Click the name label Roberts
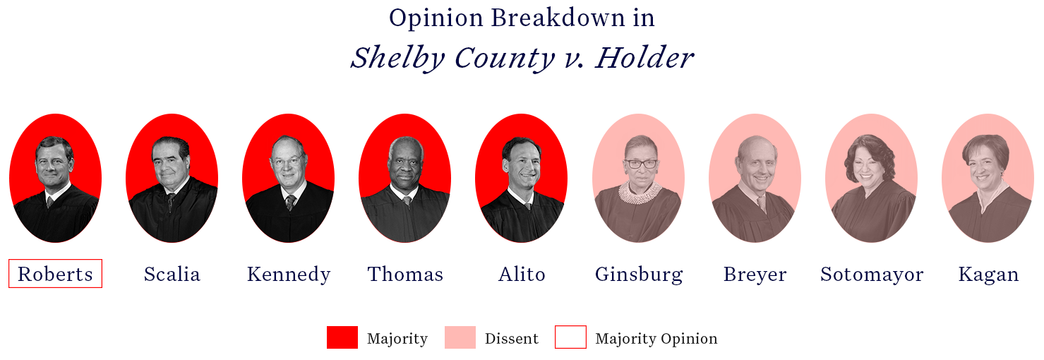tap(56, 274)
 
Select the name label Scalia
tap(172, 274)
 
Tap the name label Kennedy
tap(289, 275)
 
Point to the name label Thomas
tap(405, 274)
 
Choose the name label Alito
tap(522, 274)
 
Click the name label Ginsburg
tap(639, 275)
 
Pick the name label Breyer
tap(755, 275)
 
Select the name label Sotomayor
tap(872, 275)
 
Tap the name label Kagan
tap(988, 275)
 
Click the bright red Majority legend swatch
tap(342, 337)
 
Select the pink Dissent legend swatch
tap(460, 337)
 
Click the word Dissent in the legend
tap(511, 338)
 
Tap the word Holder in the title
tap(644, 57)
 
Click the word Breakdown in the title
tap(558, 18)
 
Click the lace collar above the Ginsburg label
tap(640, 192)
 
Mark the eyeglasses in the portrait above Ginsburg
tap(642, 164)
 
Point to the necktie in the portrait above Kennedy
tap(291, 203)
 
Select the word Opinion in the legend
tap(692, 339)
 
